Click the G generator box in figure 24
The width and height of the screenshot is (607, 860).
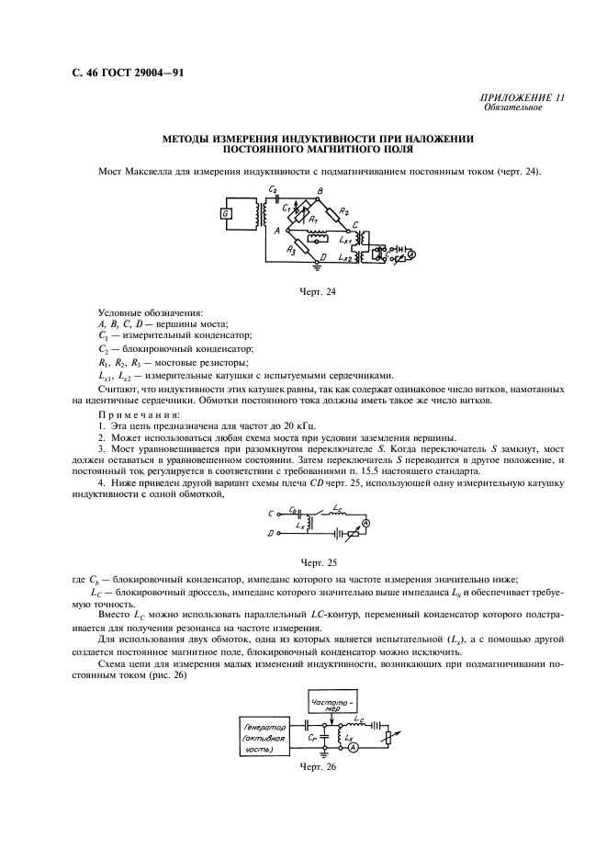(x=225, y=214)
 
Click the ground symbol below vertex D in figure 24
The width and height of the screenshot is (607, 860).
(x=318, y=270)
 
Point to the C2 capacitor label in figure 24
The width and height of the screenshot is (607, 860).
(x=273, y=189)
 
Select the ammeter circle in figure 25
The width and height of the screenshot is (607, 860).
(x=365, y=522)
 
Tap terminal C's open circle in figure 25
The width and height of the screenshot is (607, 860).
(x=275, y=512)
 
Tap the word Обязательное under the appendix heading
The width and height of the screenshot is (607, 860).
(x=511, y=107)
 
